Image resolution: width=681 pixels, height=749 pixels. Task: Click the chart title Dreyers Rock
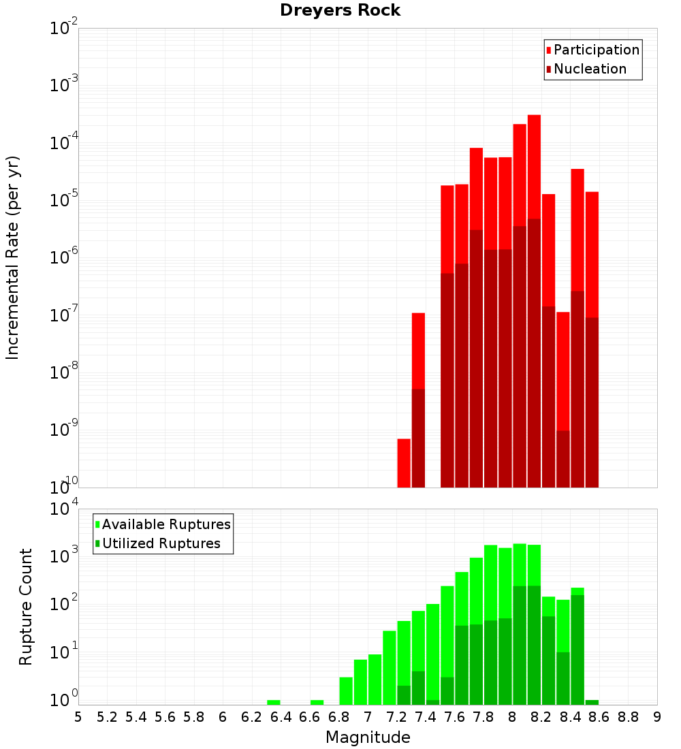(x=340, y=10)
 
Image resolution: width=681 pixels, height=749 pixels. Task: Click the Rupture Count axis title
(x=26, y=606)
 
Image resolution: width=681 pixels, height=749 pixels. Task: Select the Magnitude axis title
(x=368, y=737)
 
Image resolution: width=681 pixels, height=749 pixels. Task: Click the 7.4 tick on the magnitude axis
(x=426, y=717)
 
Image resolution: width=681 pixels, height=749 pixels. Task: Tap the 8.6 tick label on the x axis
(x=599, y=717)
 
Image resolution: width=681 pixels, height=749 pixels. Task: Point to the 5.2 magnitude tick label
(x=107, y=717)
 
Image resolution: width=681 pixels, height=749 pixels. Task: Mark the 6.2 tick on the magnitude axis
(x=252, y=717)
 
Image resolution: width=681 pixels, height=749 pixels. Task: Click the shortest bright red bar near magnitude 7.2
(x=404, y=463)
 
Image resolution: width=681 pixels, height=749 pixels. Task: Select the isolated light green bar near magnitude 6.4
(x=274, y=702)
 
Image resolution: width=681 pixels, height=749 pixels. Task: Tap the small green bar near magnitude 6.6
(x=317, y=702)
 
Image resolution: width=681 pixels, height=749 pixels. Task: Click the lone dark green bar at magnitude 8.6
(x=592, y=702)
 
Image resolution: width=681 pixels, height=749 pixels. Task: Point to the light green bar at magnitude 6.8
(x=346, y=690)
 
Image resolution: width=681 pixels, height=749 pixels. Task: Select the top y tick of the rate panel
(x=64, y=29)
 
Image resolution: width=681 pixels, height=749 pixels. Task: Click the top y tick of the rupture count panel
(x=64, y=509)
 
